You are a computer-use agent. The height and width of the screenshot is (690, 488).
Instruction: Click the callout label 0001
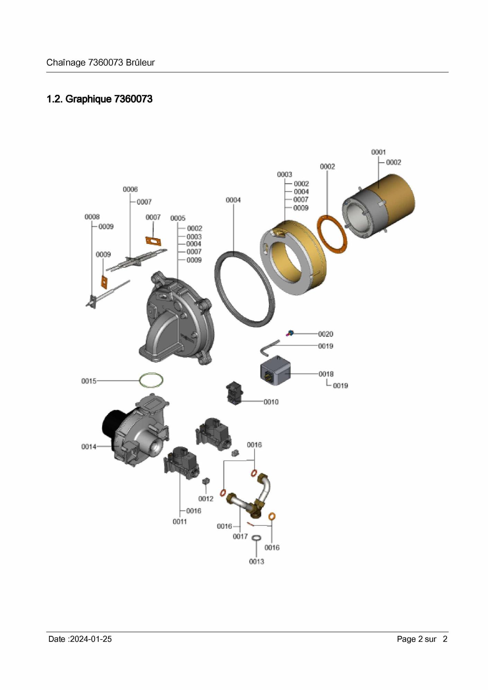(378, 152)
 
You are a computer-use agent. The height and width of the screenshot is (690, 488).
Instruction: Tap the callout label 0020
(326, 334)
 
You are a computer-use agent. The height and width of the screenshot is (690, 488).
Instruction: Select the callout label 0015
(89, 381)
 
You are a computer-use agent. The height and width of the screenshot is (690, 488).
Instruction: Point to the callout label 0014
(89, 447)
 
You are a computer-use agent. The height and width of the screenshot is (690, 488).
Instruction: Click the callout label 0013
(256, 562)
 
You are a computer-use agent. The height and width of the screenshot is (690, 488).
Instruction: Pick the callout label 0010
(271, 402)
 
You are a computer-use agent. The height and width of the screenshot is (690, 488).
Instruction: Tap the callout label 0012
(206, 499)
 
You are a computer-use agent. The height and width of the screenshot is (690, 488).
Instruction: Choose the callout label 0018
(326, 374)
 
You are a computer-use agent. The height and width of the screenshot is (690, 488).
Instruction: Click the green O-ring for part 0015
(151, 380)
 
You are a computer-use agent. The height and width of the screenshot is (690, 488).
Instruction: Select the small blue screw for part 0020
(290, 333)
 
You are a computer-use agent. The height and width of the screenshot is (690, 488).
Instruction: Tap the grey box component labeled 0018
(275, 370)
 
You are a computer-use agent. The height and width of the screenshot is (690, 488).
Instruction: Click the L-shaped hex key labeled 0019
(269, 347)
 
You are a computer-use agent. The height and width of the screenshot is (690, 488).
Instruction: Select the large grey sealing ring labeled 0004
(245, 289)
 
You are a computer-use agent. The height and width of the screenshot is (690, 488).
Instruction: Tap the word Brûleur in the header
(140, 63)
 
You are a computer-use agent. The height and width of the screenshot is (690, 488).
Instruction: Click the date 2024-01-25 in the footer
(91, 639)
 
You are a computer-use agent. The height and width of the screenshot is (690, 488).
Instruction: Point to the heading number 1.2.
(55, 99)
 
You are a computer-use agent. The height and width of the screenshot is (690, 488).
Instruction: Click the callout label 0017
(240, 536)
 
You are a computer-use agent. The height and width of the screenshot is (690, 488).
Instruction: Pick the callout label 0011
(180, 522)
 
